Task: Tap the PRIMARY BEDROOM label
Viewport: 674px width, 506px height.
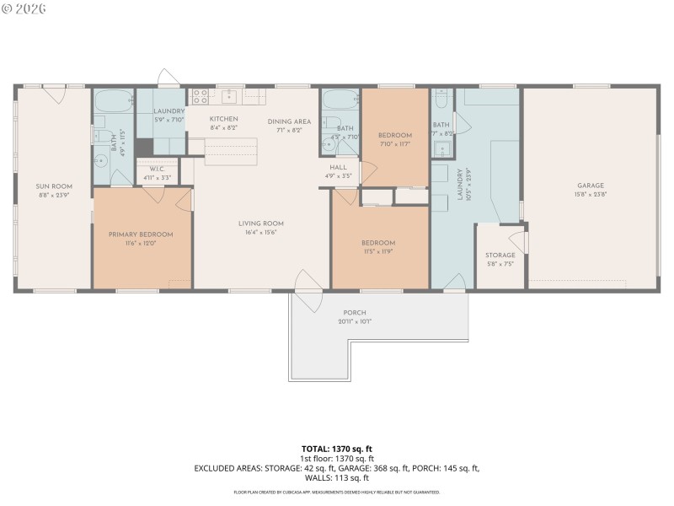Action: [141, 234]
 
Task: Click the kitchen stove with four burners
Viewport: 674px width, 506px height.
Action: [200, 95]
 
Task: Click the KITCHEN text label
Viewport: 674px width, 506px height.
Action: [223, 119]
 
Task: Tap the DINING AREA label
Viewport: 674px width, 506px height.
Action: [290, 121]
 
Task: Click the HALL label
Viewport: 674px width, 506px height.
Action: [339, 167]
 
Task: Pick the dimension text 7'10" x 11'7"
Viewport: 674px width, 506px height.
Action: [394, 145]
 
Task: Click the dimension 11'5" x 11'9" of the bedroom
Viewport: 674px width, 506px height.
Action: [378, 252]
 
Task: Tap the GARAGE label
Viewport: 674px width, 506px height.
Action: [591, 186]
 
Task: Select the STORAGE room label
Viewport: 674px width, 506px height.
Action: [500, 255]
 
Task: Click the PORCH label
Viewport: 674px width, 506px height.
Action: [354, 313]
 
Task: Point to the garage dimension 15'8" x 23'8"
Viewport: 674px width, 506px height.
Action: [591, 195]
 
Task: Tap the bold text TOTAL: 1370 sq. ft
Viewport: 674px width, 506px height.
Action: [337, 448]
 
